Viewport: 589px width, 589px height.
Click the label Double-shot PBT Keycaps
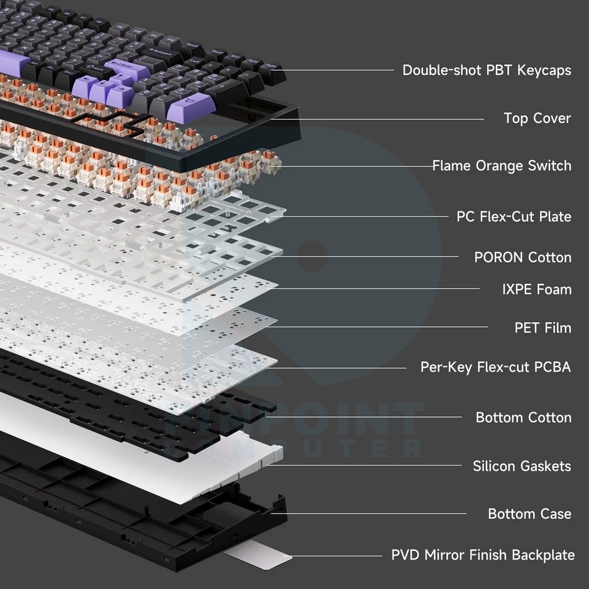tap(487, 70)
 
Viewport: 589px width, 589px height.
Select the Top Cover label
tap(537, 118)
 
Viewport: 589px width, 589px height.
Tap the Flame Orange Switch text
tap(502, 166)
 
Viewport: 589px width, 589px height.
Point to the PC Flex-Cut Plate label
tap(514, 216)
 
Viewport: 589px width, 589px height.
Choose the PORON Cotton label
tap(523, 257)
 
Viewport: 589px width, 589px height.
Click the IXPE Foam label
tap(537, 289)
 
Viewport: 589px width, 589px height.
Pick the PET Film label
tap(543, 327)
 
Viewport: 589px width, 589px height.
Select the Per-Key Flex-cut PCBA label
tap(495, 367)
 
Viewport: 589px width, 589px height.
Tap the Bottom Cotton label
tap(524, 418)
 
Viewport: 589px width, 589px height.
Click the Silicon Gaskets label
tap(522, 466)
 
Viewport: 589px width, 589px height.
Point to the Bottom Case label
tap(530, 514)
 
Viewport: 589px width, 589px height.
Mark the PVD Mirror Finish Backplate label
tap(483, 555)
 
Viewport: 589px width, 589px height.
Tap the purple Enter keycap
tap(128, 70)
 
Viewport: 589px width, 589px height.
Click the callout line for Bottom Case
tap(369, 514)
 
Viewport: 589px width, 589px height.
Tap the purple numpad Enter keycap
tap(191, 106)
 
